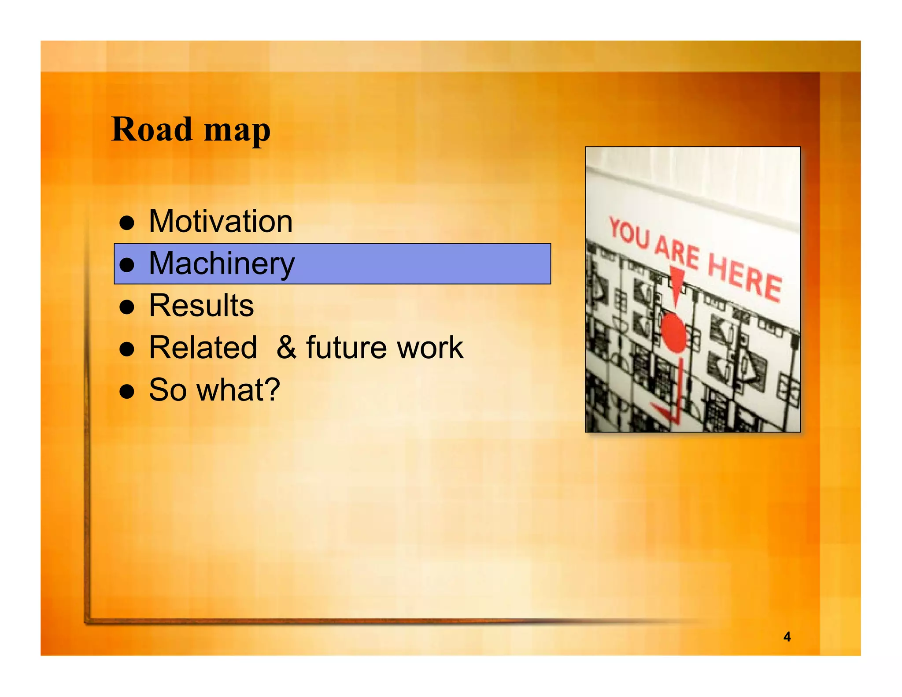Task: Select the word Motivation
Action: [x=221, y=221]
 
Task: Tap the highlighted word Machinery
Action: [x=222, y=263]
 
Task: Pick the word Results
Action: [x=201, y=305]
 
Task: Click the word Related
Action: [x=203, y=348]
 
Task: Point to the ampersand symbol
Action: [x=287, y=348]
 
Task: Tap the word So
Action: [x=167, y=390]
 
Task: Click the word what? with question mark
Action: [x=238, y=390]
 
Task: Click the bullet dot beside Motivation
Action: [x=127, y=223]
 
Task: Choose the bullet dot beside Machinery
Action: [x=127, y=265]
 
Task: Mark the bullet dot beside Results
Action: [x=127, y=307]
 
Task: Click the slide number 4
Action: [x=787, y=637]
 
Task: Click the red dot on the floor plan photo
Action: [x=673, y=333]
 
